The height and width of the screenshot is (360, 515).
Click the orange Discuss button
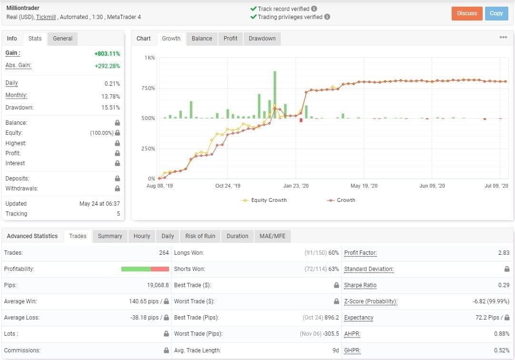click(467, 13)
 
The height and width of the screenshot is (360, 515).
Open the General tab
click(62, 39)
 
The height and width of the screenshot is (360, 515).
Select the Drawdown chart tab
click(262, 39)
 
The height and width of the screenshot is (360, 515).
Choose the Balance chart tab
click(202, 39)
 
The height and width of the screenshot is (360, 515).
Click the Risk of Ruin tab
click(200, 236)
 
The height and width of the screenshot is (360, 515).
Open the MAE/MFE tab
click(272, 236)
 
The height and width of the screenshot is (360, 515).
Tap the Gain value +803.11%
click(107, 54)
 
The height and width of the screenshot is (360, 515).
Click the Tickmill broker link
click(47, 17)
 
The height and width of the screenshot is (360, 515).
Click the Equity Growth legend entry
click(265, 200)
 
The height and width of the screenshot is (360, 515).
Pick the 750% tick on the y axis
click(148, 88)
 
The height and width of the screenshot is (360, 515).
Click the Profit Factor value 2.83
click(504, 253)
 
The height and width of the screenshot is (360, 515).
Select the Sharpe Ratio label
click(360, 285)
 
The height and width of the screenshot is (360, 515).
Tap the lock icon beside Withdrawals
click(117, 189)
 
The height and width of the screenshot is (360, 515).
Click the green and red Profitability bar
click(145, 269)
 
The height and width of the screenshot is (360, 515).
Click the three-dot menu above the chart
click(503, 38)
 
